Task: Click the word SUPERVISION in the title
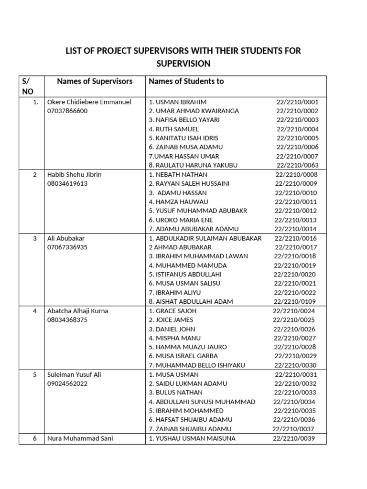tap(183, 64)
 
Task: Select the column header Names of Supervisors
tap(95, 81)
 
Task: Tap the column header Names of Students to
tap(186, 81)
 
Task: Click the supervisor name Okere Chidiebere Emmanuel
tap(89, 102)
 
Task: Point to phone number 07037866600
tap(67, 111)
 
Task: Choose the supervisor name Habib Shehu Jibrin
tap(74, 174)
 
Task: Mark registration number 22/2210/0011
tap(296, 202)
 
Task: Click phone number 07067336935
tap(67, 247)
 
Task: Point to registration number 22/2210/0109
tap(295, 302)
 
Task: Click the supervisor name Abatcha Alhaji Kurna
tap(78, 311)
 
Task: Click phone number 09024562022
tap(67, 383)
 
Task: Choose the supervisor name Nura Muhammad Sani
tap(80, 438)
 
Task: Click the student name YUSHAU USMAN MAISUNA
tap(192, 438)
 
